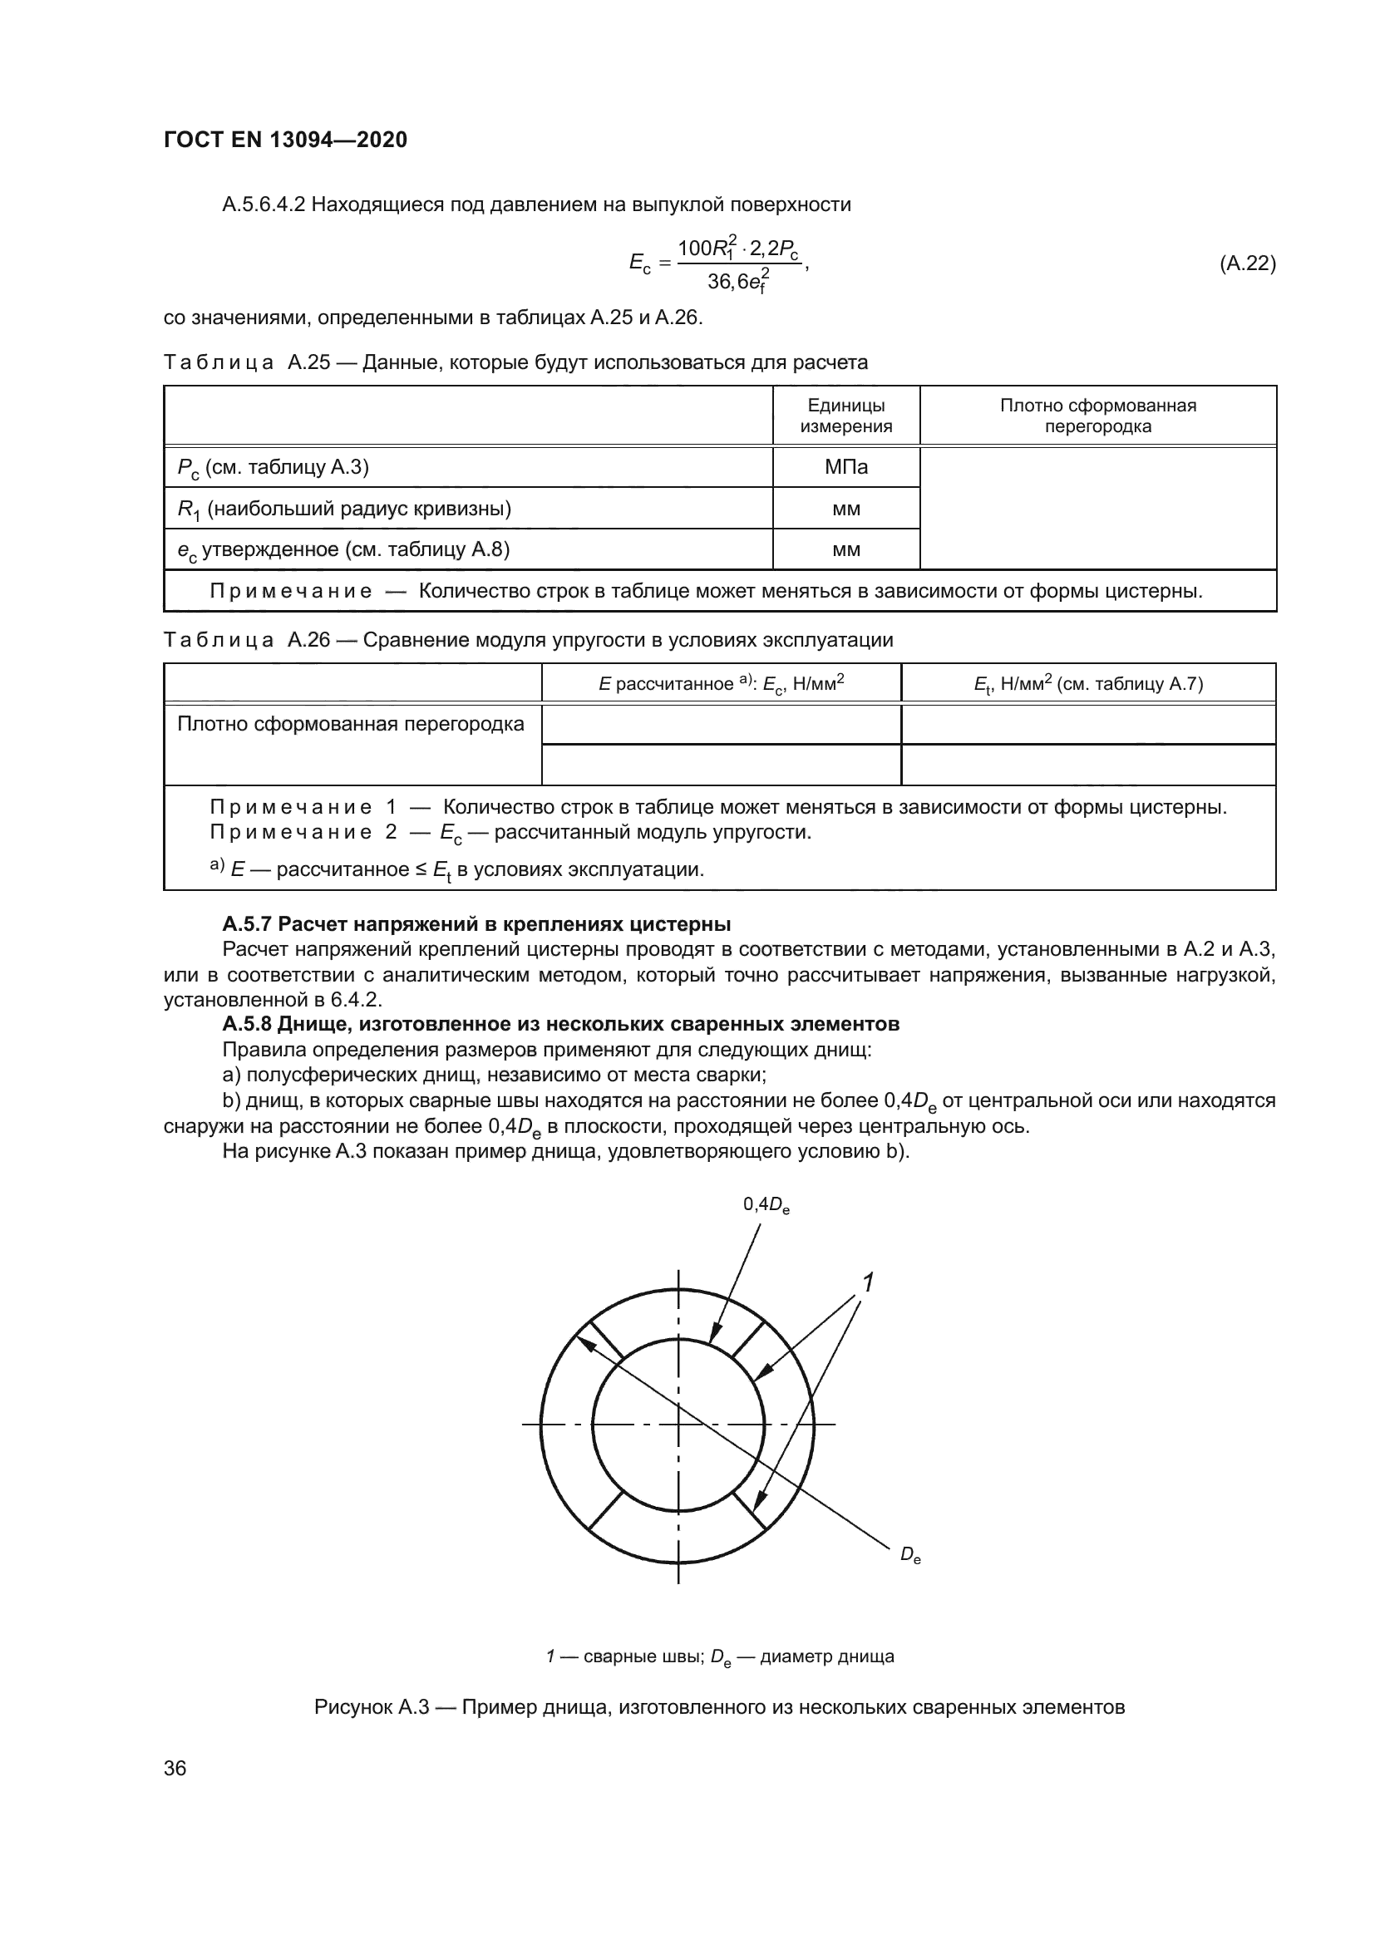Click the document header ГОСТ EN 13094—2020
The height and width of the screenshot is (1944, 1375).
[284, 140]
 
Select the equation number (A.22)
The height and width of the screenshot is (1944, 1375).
[1246, 263]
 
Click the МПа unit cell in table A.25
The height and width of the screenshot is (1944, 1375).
[845, 467]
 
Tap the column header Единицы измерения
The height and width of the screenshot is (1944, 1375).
[845, 416]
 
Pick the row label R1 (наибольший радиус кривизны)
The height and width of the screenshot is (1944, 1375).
[344, 509]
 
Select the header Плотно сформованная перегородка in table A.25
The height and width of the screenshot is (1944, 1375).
[1097, 416]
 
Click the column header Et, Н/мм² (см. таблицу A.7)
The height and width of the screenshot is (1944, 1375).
[1087, 684]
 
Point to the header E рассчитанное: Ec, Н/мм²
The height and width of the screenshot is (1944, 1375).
[721, 684]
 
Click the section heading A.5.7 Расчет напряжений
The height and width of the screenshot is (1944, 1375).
[476, 923]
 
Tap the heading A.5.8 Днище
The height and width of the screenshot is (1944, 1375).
[559, 1024]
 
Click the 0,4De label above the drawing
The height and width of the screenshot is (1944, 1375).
[766, 1204]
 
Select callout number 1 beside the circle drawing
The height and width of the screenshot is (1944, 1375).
[867, 1282]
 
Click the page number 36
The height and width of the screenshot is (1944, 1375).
[175, 1768]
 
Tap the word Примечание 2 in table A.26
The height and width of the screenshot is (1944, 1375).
[303, 831]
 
